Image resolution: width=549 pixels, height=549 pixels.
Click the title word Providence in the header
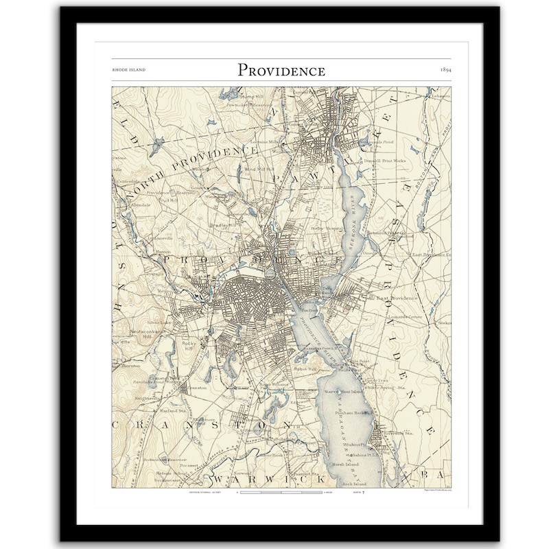click(281, 70)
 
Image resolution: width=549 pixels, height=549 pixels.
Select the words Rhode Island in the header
click(128, 71)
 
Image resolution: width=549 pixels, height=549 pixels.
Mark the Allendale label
click(137, 205)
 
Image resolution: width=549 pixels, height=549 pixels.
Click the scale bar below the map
click(281, 492)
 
